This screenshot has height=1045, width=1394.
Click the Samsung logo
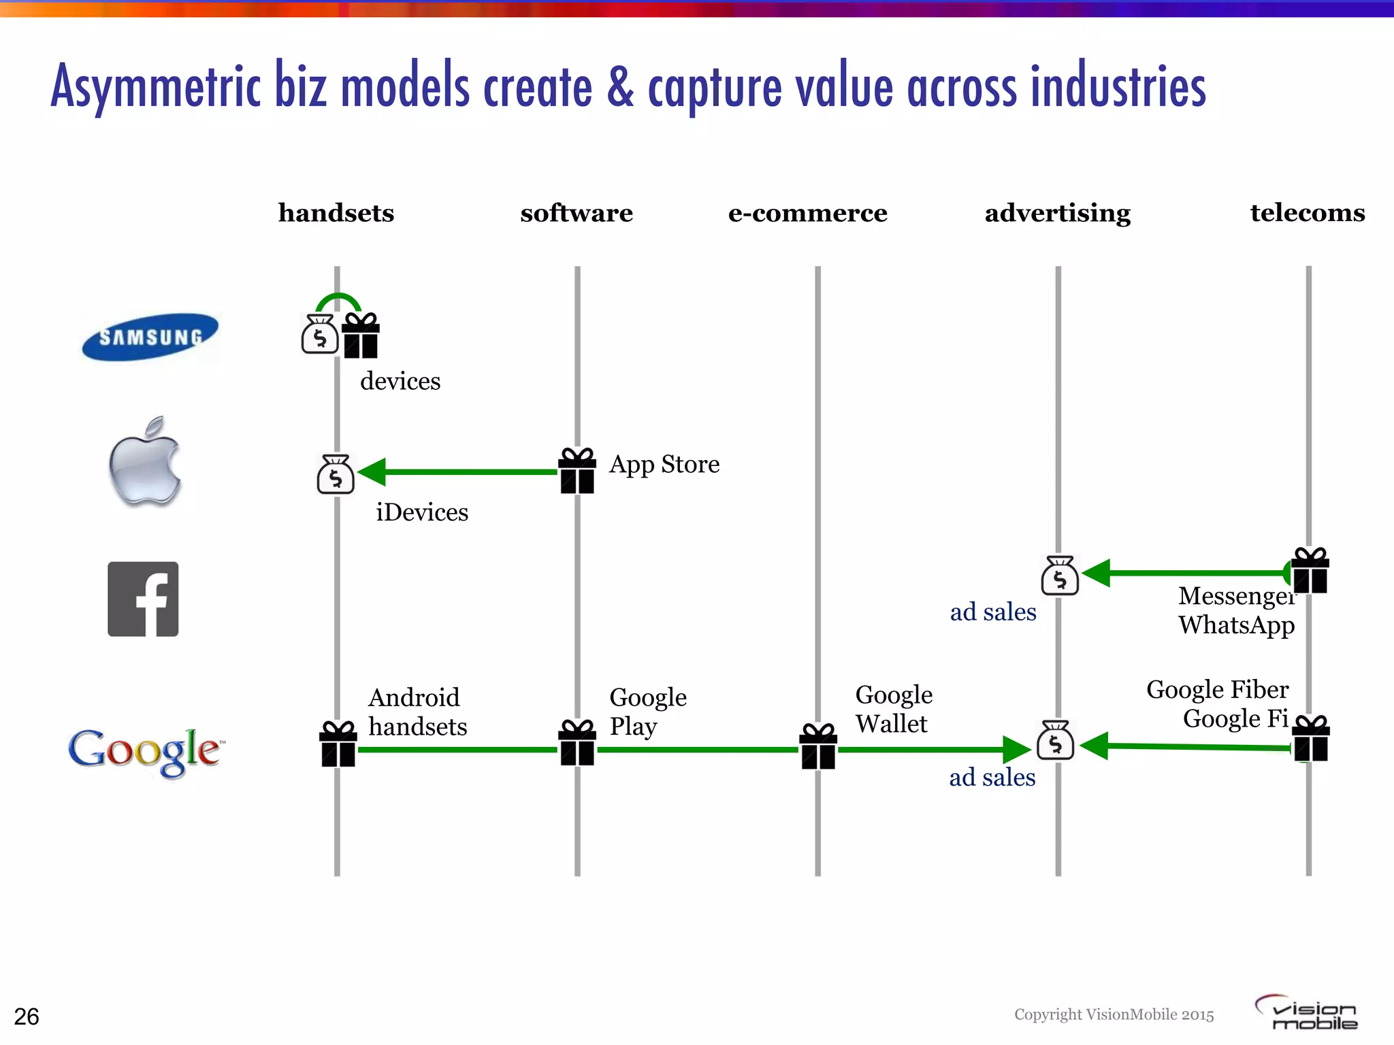coord(150,337)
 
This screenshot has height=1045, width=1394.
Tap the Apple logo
coord(145,462)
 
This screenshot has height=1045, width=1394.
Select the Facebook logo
coord(143,599)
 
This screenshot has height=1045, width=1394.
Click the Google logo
coord(145,750)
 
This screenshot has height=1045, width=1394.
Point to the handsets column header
coord(336,213)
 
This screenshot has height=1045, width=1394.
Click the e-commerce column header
coord(807,213)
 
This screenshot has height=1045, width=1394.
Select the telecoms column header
coord(1307,213)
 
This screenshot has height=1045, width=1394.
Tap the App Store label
coord(664,464)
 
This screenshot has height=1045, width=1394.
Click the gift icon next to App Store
coord(577,471)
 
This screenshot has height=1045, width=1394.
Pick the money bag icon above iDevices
coord(336,474)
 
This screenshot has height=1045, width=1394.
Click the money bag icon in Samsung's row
coord(320,334)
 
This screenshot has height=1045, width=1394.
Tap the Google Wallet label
coord(893,710)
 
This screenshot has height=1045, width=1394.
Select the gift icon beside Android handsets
coord(338,744)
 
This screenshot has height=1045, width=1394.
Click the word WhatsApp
coord(1236,625)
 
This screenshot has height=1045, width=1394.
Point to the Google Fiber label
coord(1217,690)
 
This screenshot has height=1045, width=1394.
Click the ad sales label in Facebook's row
coord(992,612)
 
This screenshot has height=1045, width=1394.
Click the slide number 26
coord(27,1016)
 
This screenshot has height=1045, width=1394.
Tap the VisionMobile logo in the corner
coord(1306,1013)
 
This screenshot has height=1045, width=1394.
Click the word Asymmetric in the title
coord(156,87)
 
